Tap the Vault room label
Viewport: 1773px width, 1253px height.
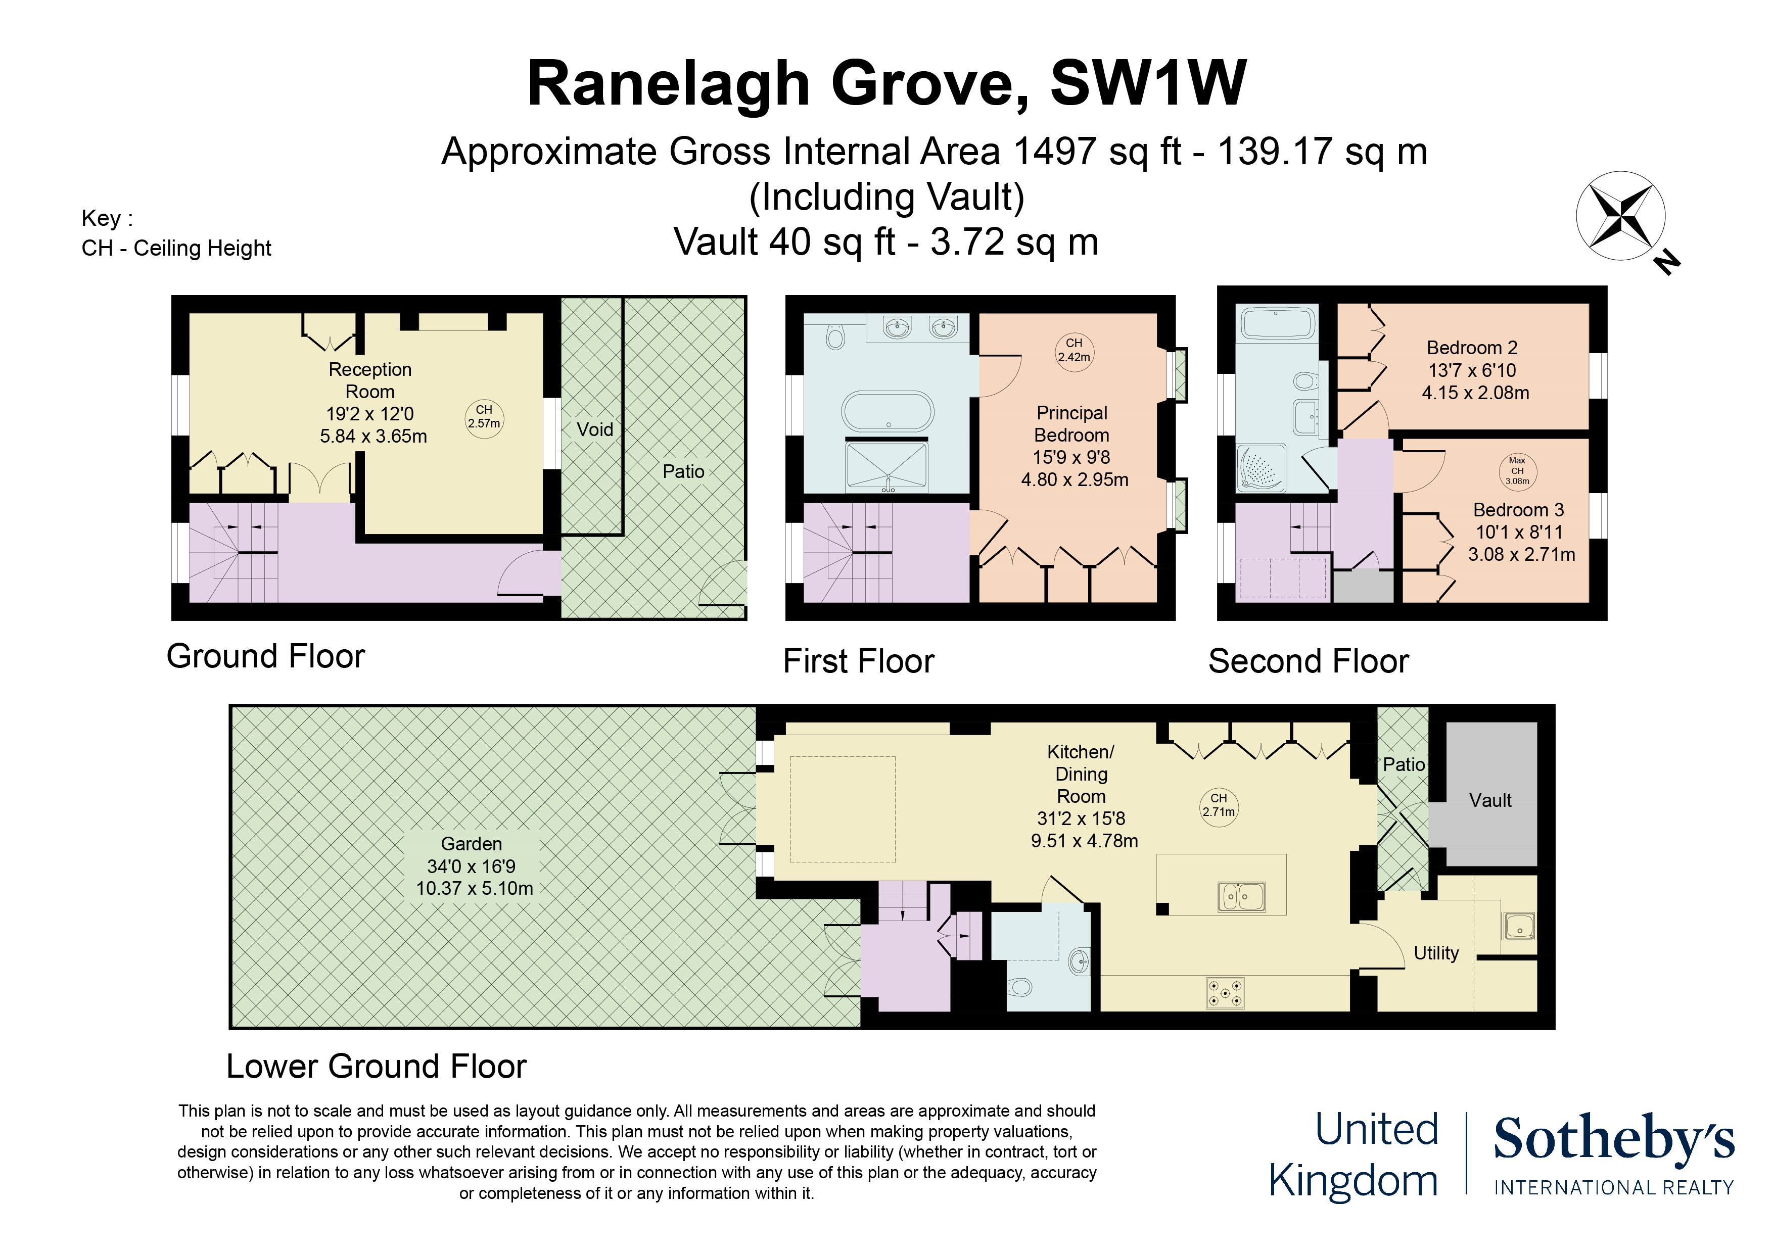(1489, 801)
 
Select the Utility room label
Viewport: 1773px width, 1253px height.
(1435, 953)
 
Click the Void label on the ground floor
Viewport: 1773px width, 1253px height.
(594, 429)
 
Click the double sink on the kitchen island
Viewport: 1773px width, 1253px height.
(1241, 896)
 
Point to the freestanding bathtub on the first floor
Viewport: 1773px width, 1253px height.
(888, 411)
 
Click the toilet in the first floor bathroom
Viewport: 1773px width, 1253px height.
(835, 336)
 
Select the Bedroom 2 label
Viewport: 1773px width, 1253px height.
(1471, 348)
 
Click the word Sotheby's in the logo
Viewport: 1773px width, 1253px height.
(1614, 1139)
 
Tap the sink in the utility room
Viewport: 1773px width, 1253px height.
(1519, 926)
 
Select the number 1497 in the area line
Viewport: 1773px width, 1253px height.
(1053, 151)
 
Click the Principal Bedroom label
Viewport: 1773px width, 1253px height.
(1072, 424)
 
